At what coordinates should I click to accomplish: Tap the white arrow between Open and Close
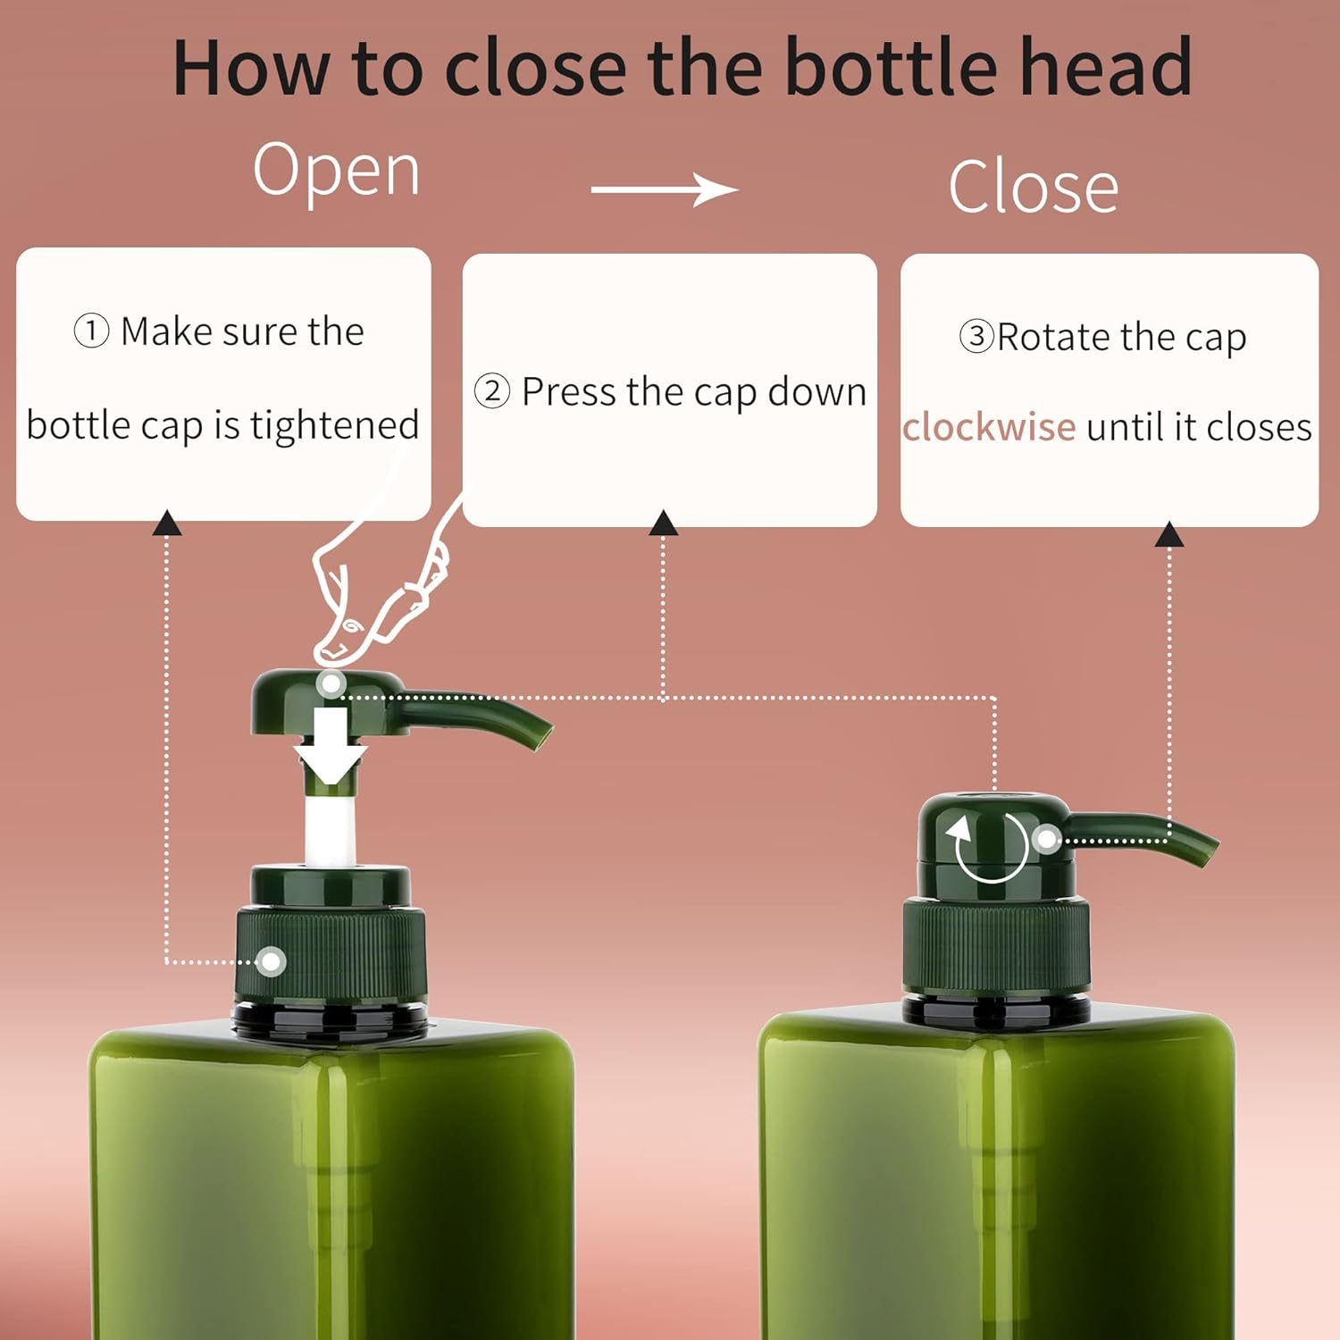click(665, 189)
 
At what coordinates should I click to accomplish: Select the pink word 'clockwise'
click(989, 427)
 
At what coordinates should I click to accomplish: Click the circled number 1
click(91, 331)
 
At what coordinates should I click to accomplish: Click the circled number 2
click(492, 391)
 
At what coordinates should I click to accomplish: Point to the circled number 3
click(976, 337)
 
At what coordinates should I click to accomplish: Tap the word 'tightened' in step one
click(334, 425)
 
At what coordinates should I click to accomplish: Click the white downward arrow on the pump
click(331, 746)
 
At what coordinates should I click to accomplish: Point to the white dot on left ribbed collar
click(271, 962)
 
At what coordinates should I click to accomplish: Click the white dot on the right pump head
click(1046, 839)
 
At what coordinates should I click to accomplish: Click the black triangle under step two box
click(663, 523)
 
